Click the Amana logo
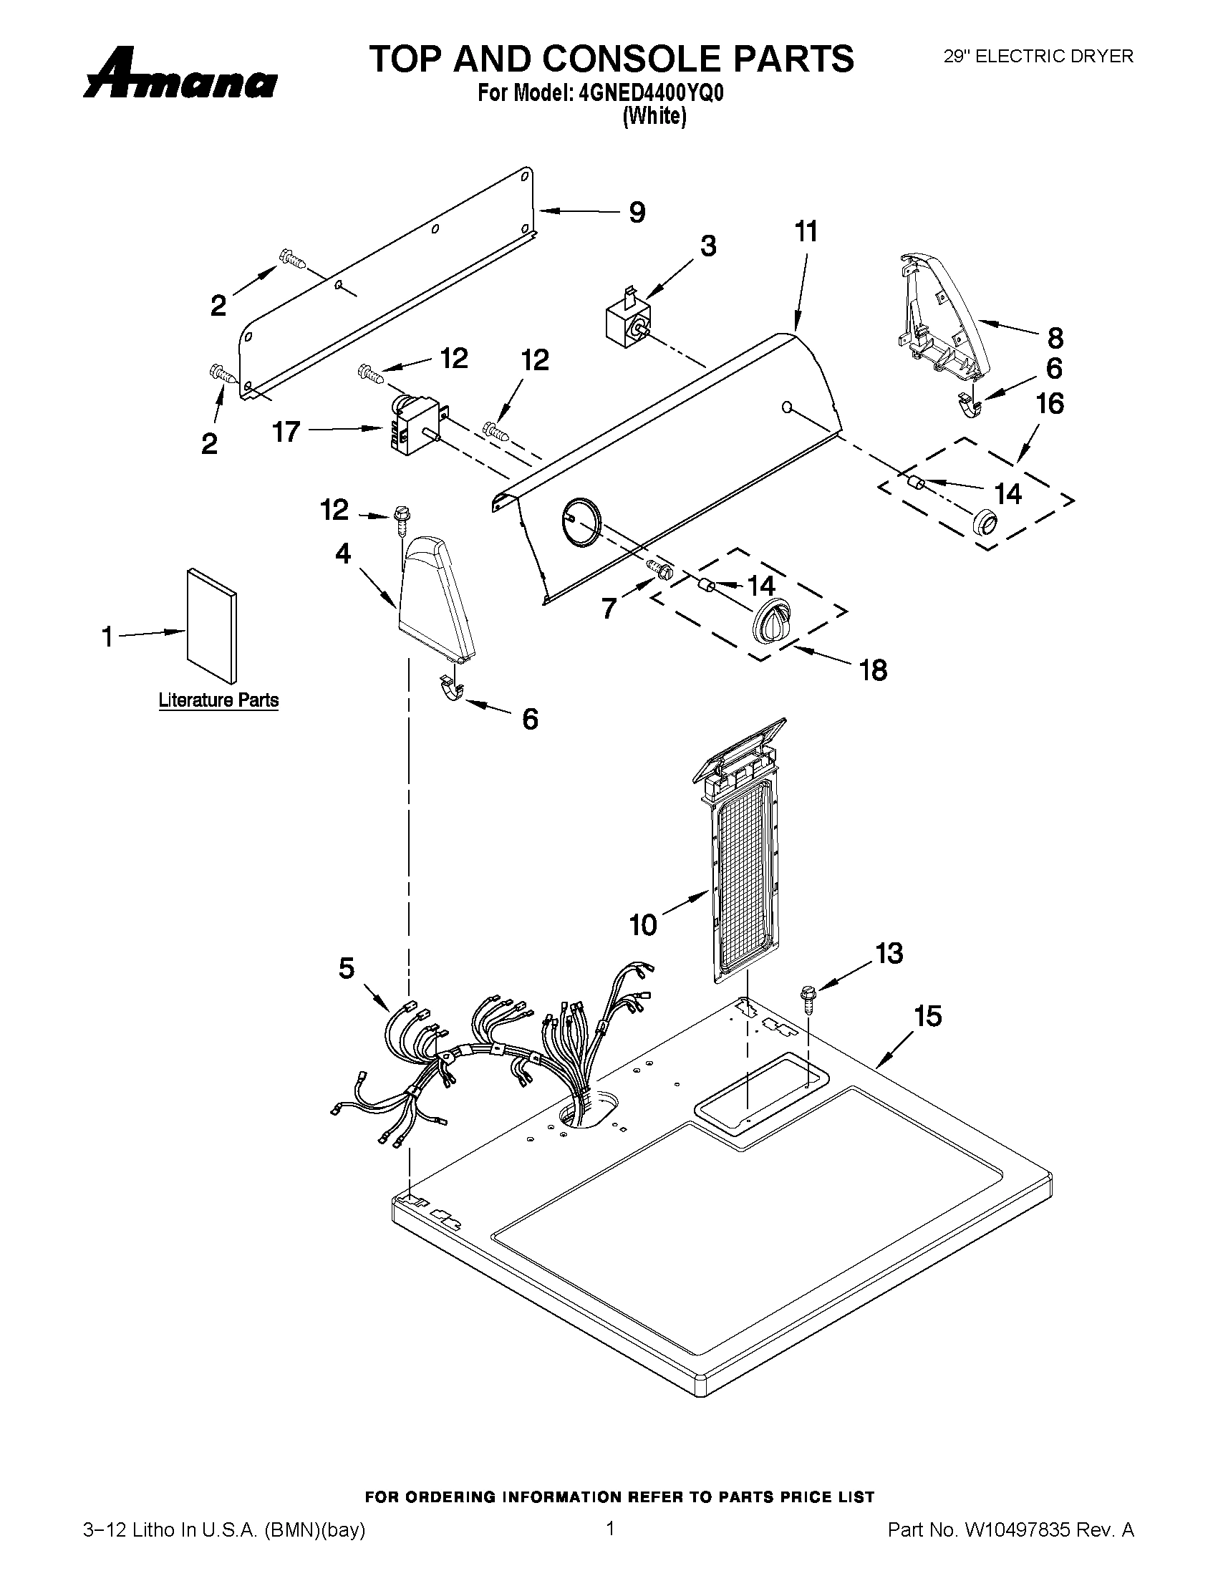(x=180, y=75)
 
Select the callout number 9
(x=637, y=212)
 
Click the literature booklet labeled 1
(x=211, y=626)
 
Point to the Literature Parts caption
(x=218, y=700)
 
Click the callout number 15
(x=928, y=1016)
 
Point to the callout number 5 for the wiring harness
(x=347, y=968)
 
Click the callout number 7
(x=610, y=609)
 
